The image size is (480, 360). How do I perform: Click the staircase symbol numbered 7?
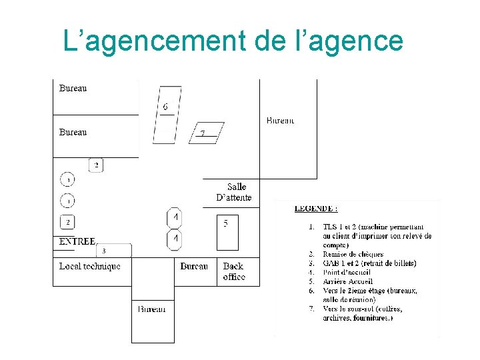[x=205, y=133]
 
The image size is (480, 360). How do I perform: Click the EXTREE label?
[x=77, y=241]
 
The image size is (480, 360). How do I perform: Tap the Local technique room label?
[x=90, y=267]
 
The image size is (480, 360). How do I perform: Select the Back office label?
[x=234, y=271]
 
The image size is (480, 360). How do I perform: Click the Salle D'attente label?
[x=234, y=192]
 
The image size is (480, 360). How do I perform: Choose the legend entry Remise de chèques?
[x=353, y=254]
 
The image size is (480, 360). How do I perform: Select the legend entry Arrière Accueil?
[x=347, y=281]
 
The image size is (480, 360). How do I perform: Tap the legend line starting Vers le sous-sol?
[x=363, y=309]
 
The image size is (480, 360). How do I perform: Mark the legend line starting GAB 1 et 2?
[x=369, y=263]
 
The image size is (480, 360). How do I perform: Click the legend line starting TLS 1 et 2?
[x=377, y=227]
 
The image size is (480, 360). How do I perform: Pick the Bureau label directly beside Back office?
[x=194, y=267]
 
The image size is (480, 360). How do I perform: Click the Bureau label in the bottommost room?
[x=152, y=309]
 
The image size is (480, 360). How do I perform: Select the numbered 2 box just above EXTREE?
[x=67, y=222]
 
